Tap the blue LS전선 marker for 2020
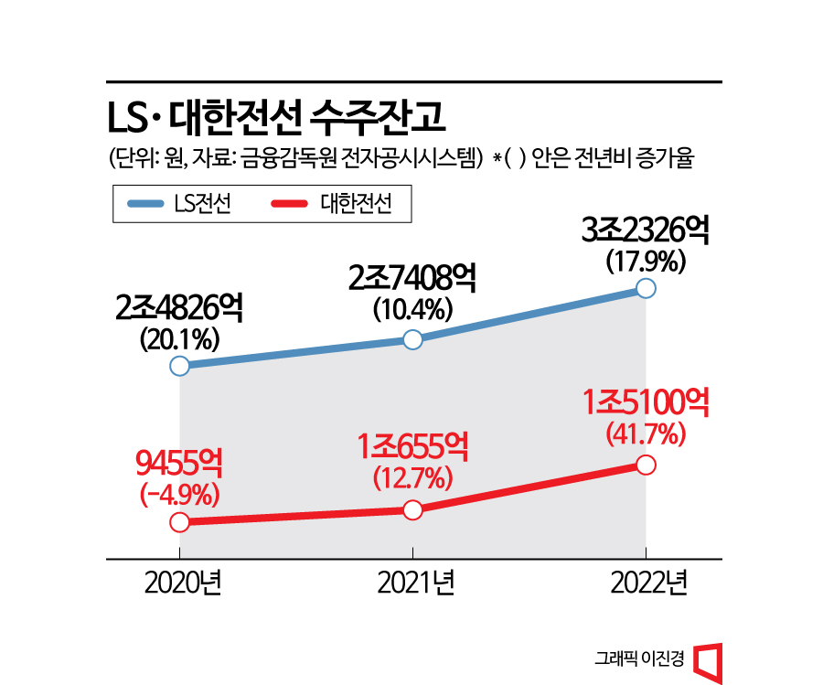[179, 366]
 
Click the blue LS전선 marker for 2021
[412, 340]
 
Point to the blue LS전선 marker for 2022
[646, 289]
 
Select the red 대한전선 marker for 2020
[179, 522]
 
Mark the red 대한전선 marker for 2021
[412, 510]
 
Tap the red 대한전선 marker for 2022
[646, 465]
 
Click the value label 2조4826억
[179, 309]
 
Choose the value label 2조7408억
[412, 278]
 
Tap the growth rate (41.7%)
[646, 433]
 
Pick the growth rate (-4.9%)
[179, 495]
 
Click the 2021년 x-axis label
[412, 583]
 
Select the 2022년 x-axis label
[646, 583]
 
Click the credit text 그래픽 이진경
[637, 658]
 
